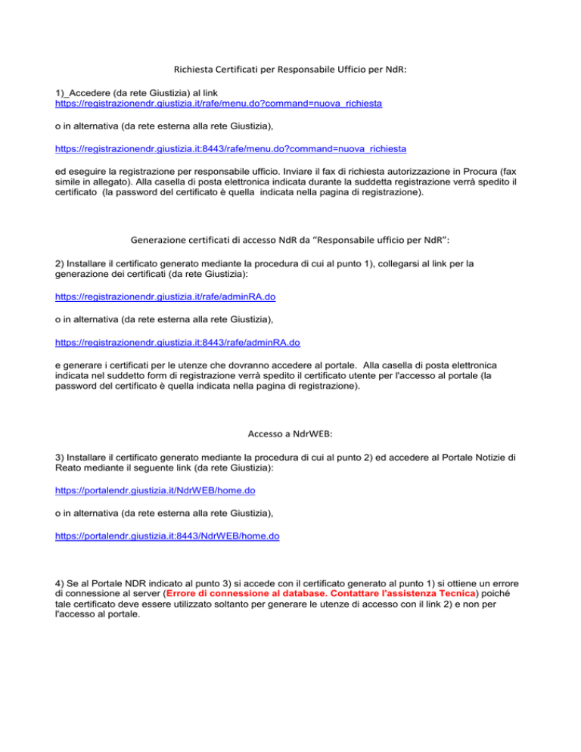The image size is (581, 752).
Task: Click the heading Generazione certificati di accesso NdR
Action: coord(290,241)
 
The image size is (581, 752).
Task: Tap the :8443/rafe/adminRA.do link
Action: coord(178,342)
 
